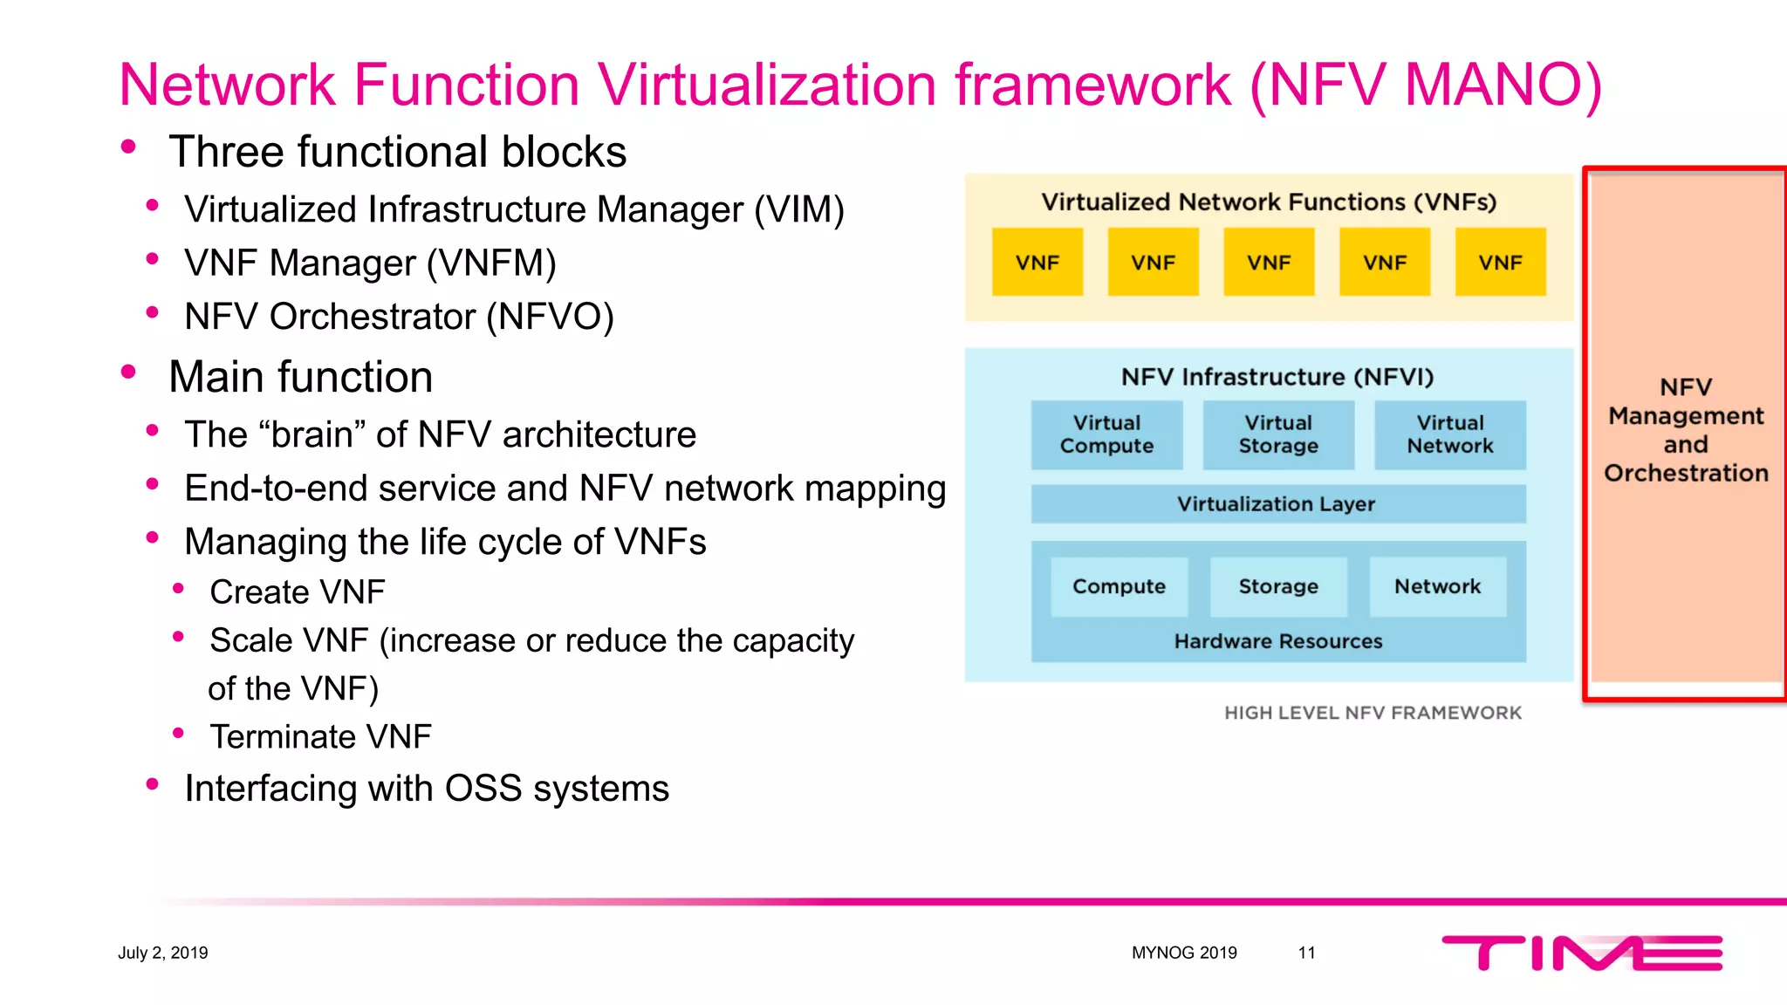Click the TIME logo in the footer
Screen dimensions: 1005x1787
(x=1581, y=953)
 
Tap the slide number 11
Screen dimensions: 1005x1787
(x=1306, y=953)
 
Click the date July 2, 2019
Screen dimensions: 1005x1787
(x=163, y=953)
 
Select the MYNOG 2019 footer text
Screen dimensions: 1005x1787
(x=1184, y=953)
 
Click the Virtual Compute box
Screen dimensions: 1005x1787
(x=1106, y=434)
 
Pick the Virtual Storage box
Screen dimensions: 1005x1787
(x=1278, y=434)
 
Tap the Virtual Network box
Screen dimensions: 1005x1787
(x=1450, y=434)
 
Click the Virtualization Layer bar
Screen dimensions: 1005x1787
(x=1277, y=504)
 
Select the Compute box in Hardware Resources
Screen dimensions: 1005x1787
(x=1119, y=586)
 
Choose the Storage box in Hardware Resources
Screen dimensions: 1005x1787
(x=1278, y=586)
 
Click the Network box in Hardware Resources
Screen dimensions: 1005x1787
(x=1437, y=586)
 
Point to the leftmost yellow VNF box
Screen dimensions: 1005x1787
(x=1037, y=263)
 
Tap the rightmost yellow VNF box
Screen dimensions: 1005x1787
(x=1500, y=263)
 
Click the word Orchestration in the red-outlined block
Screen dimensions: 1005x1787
(x=1686, y=473)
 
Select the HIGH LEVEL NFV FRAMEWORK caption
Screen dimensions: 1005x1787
(x=1373, y=713)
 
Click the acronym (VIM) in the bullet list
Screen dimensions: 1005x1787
(x=799, y=210)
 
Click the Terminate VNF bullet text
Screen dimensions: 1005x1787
(x=320, y=737)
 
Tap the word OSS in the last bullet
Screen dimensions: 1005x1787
(x=483, y=789)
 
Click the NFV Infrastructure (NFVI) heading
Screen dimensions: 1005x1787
(x=1277, y=377)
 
